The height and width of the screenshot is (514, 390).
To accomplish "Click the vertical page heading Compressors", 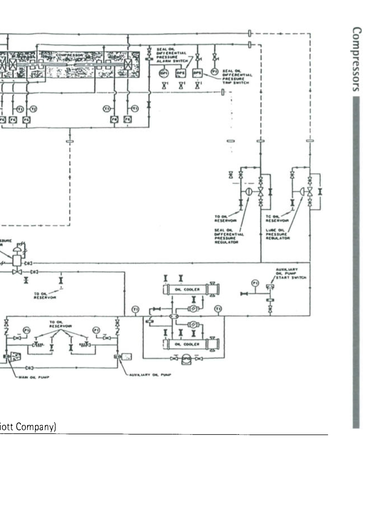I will point(356,59).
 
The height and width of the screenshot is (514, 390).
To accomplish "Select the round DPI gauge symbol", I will point(164,73).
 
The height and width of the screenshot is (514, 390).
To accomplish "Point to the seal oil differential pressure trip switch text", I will point(237,77).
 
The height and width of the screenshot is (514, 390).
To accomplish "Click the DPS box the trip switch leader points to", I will point(198,73).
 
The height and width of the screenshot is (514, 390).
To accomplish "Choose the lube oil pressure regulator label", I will point(277,234).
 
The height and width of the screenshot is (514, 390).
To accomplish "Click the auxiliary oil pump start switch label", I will point(291,273).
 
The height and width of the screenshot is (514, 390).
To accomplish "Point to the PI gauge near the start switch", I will point(255,283).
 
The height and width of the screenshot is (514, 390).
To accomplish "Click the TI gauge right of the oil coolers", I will point(218,308).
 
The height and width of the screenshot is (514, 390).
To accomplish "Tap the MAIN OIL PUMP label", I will point(34,377).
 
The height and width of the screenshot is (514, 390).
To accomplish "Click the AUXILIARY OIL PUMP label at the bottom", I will point(150,375).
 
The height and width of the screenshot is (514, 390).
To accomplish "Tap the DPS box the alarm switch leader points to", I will point(180,73).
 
